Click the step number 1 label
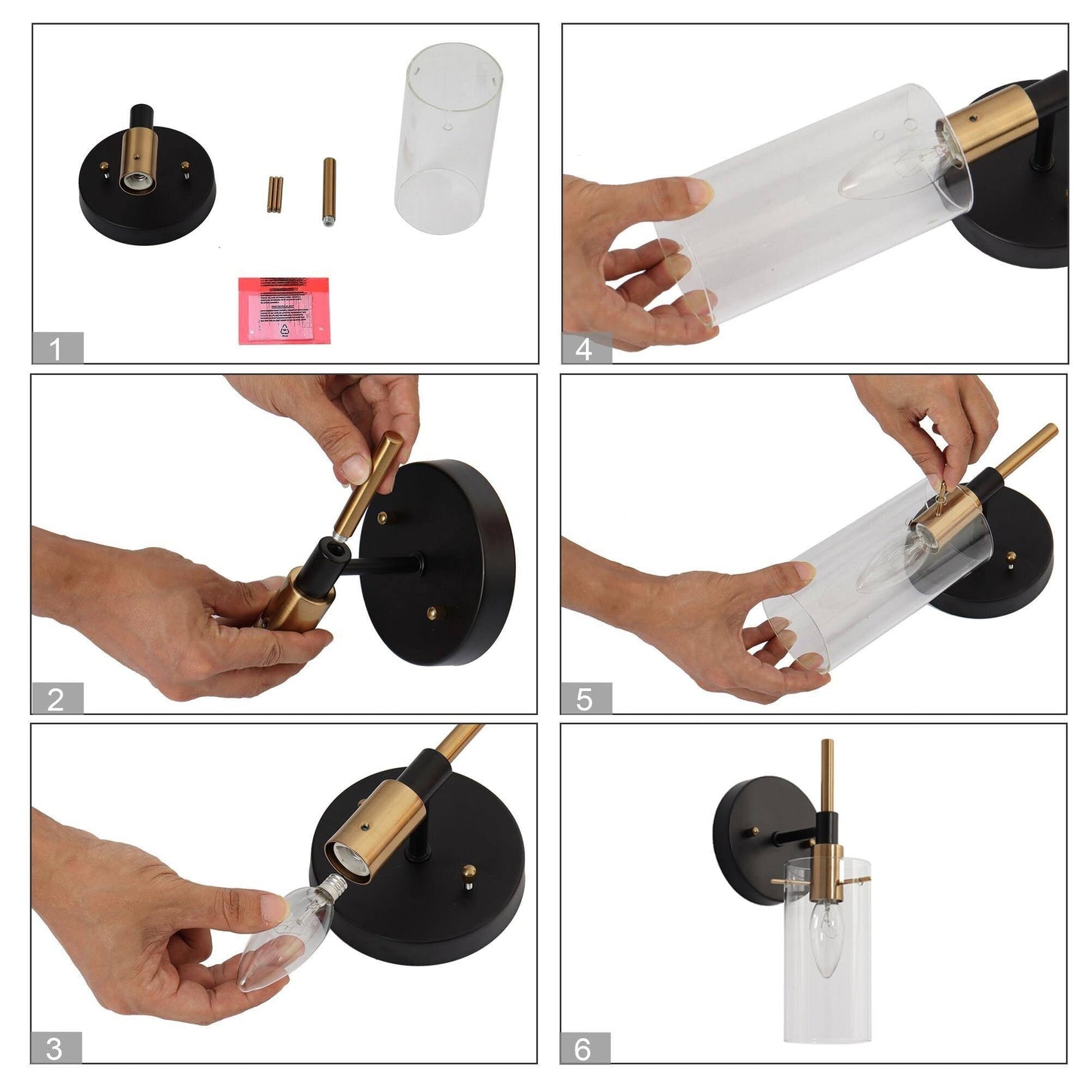(x=57, y=349)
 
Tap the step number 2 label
(x=57, y=699)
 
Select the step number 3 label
(x=55, y=1049)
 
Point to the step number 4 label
(x=585, y=349)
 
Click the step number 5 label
(x=585, y=699)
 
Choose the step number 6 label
(x=583, y=1049)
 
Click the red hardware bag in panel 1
(x=284, y=310)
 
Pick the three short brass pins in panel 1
(x=275, y=194)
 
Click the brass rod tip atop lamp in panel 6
(x=827, y=747)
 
